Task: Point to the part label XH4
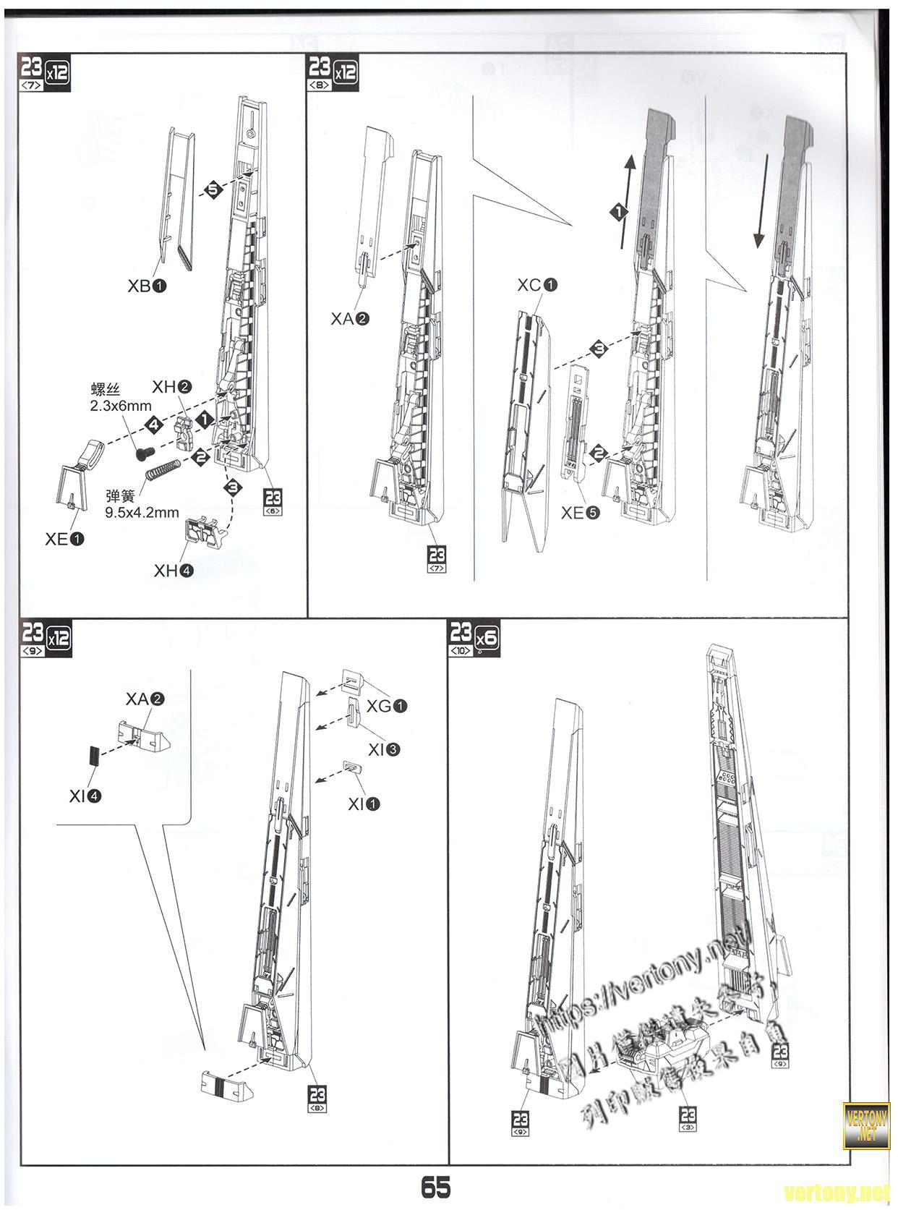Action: pyautogui.click(x=174, y=571)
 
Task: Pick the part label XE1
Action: pyautogui.click(x=64, y=539)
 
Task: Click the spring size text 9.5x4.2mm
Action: pyautogui.click(x=142, y=513)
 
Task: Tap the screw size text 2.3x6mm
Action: pyautogui.click(x=121, y=406)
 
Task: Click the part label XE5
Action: pyautogui.click(x=581, y=513)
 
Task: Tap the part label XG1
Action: pyautogui.click(x=387, y=705)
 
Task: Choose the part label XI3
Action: pyautogui.click(x=383, y=750)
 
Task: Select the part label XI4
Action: pyautogui.click(x=85, y=796)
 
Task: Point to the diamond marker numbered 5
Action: pyautogui.click(x=213, y=190)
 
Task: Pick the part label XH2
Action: pyautogui.click(x=171, y=387)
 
